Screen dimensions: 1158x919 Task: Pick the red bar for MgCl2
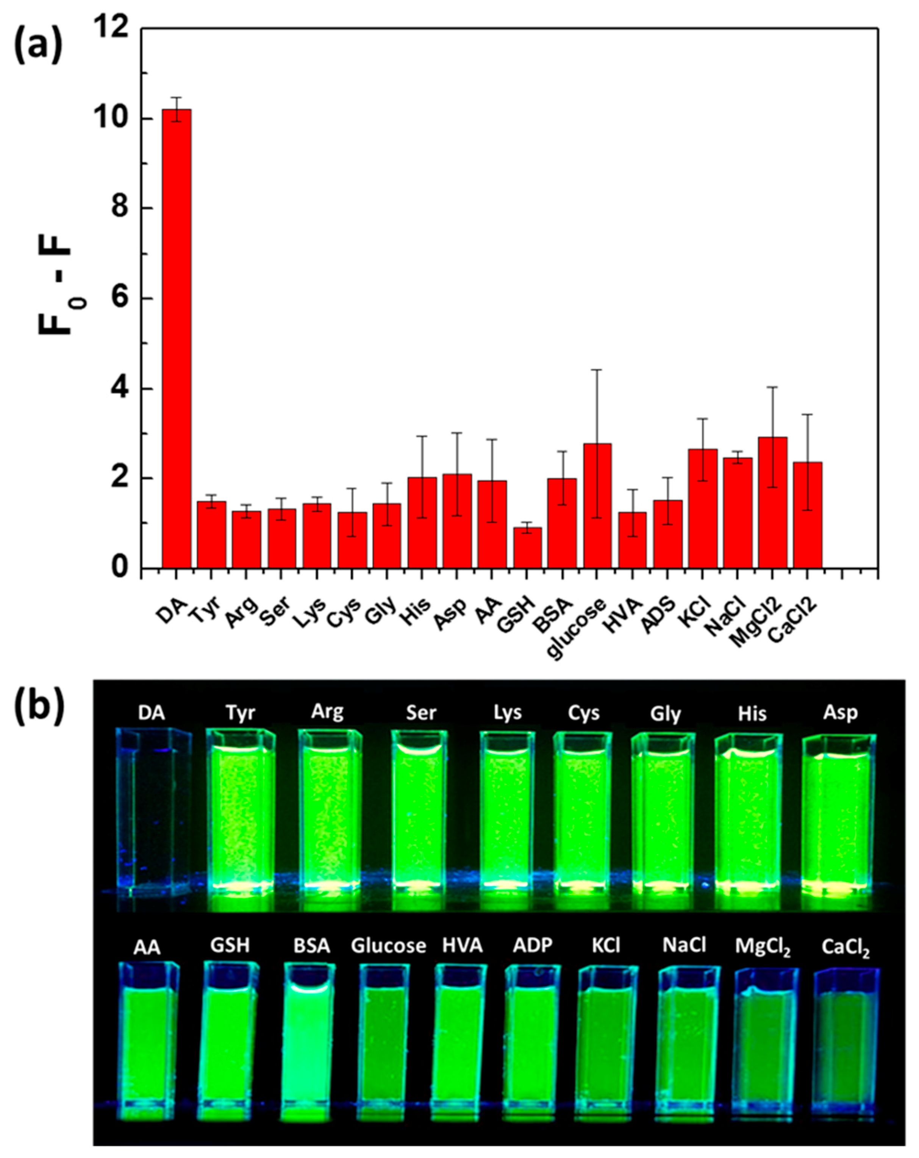[x=772, y=502]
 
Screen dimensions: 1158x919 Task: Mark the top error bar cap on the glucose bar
[x=597, y=370]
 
